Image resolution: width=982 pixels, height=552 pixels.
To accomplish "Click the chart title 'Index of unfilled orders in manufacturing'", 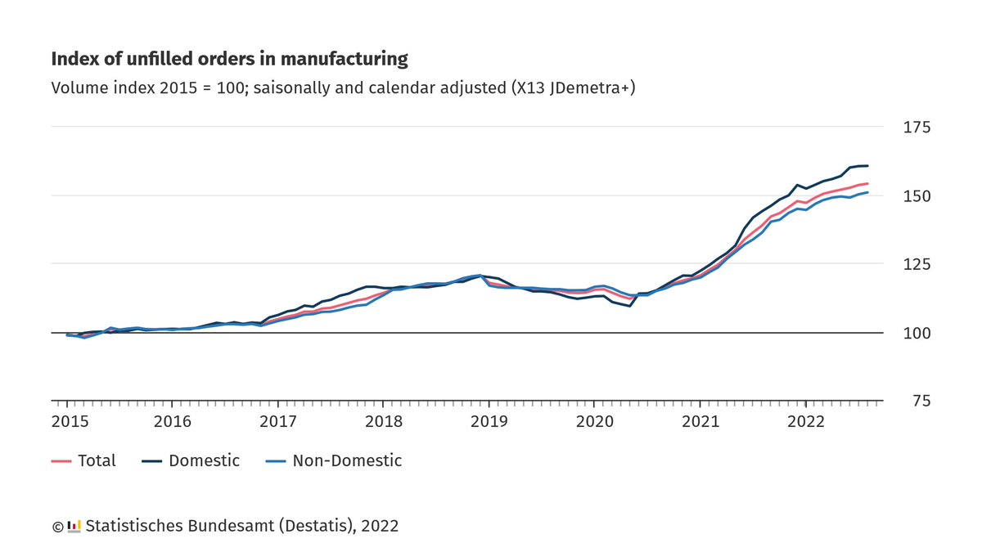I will pos(229,59).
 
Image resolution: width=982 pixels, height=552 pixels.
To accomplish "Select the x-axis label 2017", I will pos(277,422).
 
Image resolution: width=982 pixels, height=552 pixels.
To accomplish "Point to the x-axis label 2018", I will pos(383,422).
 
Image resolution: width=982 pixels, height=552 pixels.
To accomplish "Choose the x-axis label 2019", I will pos(489,422).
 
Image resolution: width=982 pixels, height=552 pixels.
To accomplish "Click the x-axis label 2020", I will pos(595,422).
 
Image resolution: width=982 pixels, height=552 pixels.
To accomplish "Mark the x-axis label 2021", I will pos(700,422).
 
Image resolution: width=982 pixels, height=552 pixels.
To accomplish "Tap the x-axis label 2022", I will pos(806,422).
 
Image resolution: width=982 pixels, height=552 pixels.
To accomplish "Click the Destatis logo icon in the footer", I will pos(74,526).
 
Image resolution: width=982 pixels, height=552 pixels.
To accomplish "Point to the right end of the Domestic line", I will pos(867,166).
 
